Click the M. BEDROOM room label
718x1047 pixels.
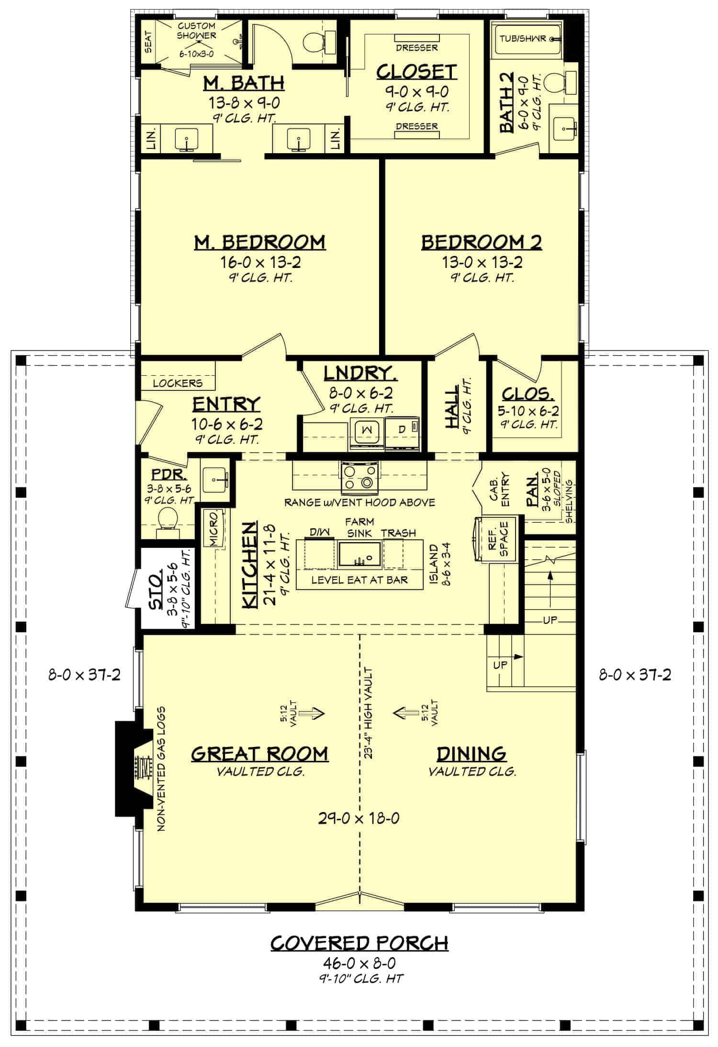click(x=259, y=242)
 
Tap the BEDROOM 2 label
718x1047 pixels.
click(x=481, y=242)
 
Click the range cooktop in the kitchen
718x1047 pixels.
click(x=359, y=478)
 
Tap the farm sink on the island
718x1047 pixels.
click(x=359, y=554)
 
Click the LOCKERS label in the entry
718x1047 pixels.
click(x=178, y=383)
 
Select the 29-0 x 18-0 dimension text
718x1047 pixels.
click(x=359, y=818)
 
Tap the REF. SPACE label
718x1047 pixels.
click(x=499, y=539)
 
